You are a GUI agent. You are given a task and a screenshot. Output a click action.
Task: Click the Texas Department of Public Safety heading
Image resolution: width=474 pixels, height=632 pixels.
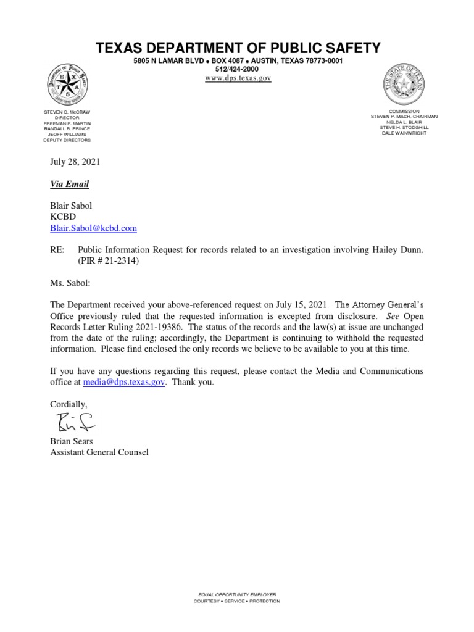tap(237, 48)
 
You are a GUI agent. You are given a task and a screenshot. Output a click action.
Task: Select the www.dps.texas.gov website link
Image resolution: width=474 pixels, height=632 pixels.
tap(238, 78)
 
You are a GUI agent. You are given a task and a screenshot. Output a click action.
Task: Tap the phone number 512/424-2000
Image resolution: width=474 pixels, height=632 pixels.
tap(237, 70)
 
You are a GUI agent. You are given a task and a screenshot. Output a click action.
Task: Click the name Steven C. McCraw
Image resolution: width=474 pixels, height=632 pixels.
tap(67, 112)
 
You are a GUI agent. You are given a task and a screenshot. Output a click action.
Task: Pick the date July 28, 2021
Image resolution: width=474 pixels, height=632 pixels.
tap(74, 162)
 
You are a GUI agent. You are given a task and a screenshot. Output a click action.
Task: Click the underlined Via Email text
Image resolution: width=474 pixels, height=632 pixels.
tap(69, 184)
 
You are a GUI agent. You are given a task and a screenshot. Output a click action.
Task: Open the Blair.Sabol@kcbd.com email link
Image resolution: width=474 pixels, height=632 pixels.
tap(93, 228)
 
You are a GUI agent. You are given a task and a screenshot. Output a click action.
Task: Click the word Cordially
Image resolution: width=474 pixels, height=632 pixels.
tap(69, 404)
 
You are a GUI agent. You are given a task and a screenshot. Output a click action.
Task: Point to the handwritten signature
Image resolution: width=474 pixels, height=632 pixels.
tap(72, 422)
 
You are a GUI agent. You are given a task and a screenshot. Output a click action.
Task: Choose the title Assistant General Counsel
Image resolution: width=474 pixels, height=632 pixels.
tap(99, 452)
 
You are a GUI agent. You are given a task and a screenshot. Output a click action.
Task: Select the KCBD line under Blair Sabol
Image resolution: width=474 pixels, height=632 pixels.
tap(62, 217)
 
